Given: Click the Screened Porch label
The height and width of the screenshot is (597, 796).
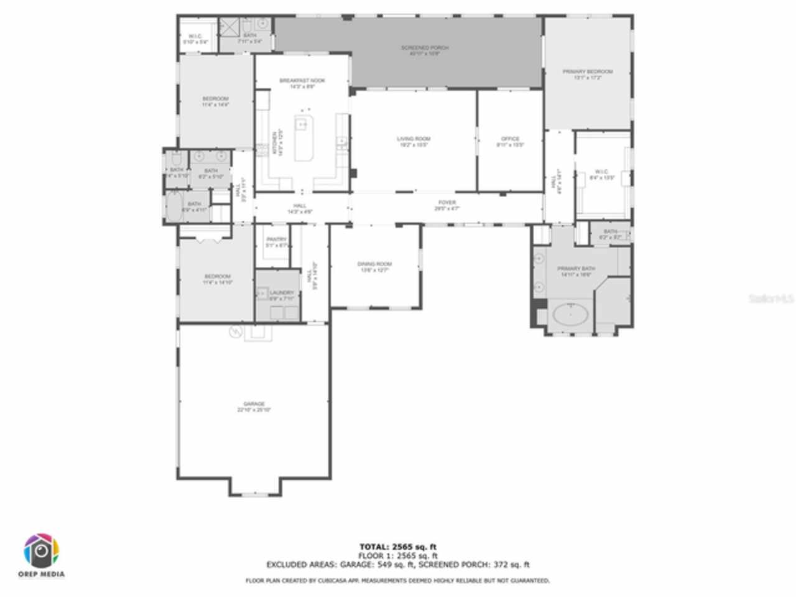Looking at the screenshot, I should click(425, 48).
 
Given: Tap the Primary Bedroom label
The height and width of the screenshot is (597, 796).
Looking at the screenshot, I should click(588, 72).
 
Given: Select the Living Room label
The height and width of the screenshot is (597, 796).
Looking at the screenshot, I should click(414, 139).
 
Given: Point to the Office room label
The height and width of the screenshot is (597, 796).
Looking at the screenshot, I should click(510, 139).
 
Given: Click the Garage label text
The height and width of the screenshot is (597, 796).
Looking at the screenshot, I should click(254, 404).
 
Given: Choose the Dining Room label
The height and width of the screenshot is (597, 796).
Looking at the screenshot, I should click(374, 264).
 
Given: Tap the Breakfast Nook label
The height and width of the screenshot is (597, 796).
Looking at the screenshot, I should click(302, 81).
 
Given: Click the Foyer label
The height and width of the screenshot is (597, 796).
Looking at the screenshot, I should click(447, 203).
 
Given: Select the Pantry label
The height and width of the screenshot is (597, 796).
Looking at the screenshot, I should click(276, 239).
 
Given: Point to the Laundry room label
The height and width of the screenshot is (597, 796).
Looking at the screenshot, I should click(282, 293).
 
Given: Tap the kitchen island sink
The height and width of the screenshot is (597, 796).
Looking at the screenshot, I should click(302, 125).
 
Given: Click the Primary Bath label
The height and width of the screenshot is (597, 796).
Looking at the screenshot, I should click(576, 269).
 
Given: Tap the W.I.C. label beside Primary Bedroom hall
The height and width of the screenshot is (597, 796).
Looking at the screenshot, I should click(601, 172).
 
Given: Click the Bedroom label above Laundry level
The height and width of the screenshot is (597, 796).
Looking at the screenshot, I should click(218, 277).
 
